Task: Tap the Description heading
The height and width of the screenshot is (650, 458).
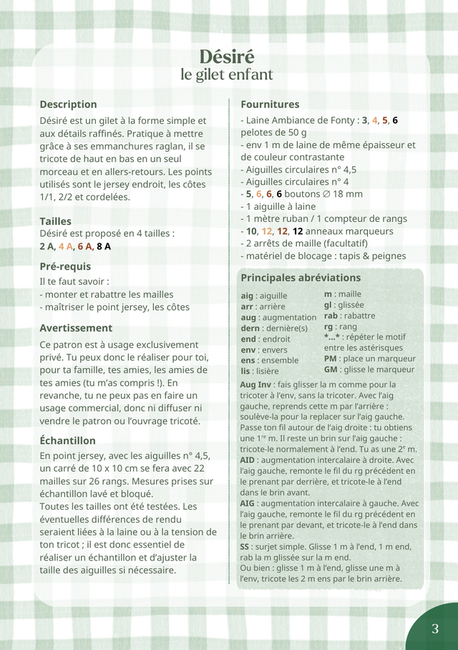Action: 68,105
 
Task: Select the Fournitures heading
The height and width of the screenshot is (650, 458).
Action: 270,105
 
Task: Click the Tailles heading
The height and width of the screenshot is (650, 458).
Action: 55,221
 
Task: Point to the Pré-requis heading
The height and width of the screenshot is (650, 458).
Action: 65,267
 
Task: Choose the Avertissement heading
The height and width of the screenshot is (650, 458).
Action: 76,328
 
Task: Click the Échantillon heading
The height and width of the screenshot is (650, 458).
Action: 67,440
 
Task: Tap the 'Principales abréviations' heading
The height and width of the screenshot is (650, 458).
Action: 301,278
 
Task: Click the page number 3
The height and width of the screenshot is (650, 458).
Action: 435,629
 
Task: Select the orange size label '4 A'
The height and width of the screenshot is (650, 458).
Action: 66,246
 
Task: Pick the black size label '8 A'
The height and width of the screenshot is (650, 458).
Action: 104,246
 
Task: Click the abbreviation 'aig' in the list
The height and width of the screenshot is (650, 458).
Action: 248,296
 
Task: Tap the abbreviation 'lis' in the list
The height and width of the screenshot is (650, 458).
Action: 245,371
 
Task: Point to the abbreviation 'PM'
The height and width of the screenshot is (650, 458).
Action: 330,358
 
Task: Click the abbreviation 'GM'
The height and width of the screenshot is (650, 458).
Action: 331,369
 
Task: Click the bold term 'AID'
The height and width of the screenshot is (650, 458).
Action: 247,460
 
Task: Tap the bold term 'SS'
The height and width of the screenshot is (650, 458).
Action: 245,546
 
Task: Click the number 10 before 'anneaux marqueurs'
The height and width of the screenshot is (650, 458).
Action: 251,231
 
